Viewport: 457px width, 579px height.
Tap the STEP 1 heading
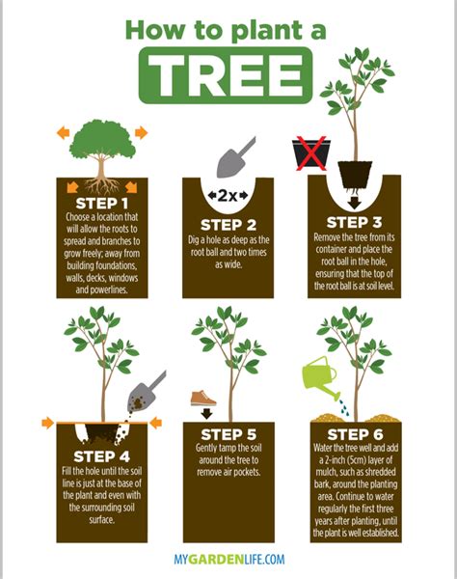pos(101,203)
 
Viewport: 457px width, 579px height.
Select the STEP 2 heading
pos(228,226)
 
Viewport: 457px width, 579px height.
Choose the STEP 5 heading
pos(228,434)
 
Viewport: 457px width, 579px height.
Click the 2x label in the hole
pos(228,196)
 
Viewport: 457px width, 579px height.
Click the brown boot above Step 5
pos(203,397)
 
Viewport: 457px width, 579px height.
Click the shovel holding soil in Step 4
pos(148,388)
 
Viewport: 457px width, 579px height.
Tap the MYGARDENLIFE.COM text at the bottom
pos(228,559)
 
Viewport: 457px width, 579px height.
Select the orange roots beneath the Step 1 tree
pos(102,182)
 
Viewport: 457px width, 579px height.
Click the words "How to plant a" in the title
pos(228,29)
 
